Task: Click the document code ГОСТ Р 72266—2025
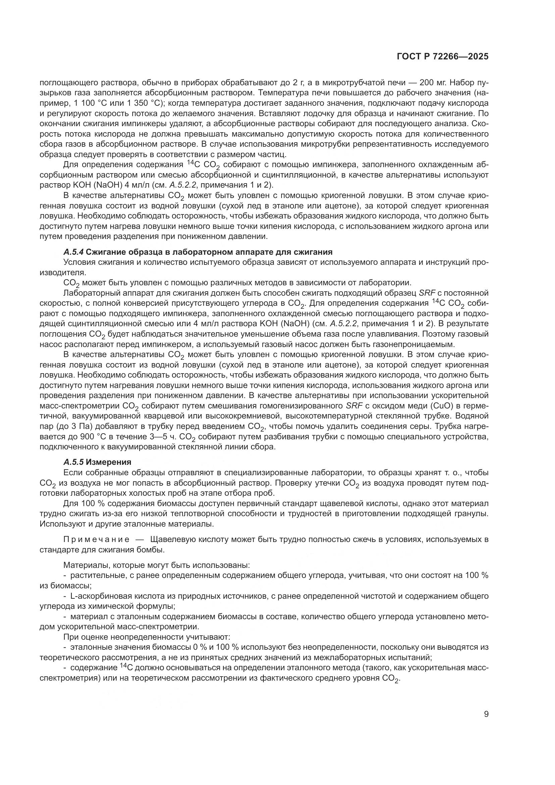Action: point(443,57)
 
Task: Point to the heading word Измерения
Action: point(108,462)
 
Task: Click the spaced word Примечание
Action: point(96,540)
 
